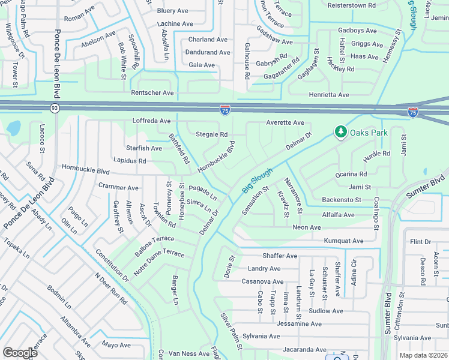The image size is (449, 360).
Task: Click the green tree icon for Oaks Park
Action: (x=341, y=131)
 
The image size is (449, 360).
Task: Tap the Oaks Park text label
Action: (x=369, y=132)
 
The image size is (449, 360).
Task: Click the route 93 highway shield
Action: (x=55, y=108)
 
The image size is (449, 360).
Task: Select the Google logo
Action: (x=20, y=352)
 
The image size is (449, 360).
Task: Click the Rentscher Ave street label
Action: (x=152, y=93)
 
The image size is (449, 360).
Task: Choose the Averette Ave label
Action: (x=285, y=122)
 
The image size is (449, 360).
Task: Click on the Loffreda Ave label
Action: (x=152, y=121)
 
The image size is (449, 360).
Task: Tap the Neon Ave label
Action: (x=307, y=227)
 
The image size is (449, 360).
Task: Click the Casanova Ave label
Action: (x=262, y=281)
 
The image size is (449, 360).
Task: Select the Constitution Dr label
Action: (x=111, y=266)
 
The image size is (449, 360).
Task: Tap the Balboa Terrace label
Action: (x=154, y=246)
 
